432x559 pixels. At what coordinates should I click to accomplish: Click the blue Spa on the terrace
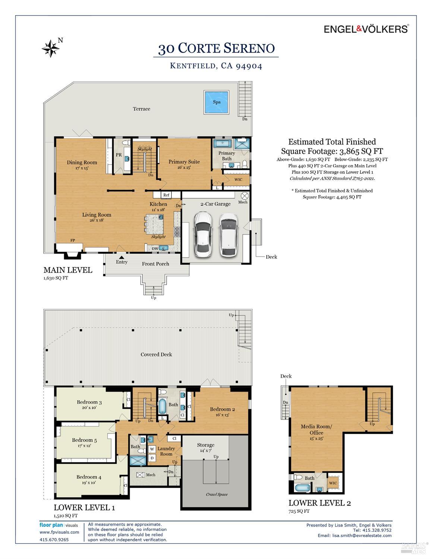click(x=216, y=102)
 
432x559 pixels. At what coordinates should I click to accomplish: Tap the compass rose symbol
click(x=51, y=48)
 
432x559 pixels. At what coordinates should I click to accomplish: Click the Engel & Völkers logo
click(x=366, y=29)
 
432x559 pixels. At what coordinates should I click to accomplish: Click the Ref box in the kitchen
click(x=166, y=195)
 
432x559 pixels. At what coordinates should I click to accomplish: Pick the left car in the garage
click(x=203, y=234)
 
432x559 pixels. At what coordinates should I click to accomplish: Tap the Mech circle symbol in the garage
click(x=245, y=196)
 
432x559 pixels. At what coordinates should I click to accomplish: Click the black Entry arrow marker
click(x=122, y=257)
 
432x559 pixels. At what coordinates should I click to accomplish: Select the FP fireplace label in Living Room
click(x=73, y=240)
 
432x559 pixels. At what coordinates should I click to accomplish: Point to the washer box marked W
click(x=152, y=449)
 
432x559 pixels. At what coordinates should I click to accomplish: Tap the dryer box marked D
click(x=152, y=458)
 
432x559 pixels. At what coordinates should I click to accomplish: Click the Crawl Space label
click(x=217, y=494)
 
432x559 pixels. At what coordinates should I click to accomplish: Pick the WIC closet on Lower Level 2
click(x=333, y=483)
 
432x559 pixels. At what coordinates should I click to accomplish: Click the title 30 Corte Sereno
click(x=216, y=48)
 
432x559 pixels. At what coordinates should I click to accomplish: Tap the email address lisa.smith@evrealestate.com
click(x=362, y=536)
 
